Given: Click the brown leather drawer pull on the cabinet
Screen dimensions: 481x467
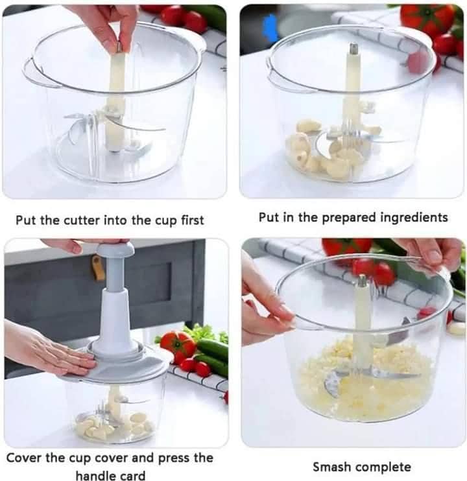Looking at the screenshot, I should [98, 266].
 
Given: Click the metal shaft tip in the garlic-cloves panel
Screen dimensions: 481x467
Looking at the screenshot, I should [353, 49].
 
